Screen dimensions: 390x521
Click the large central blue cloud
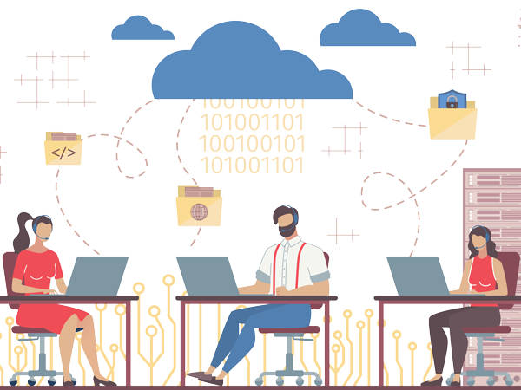(x=252, y=65)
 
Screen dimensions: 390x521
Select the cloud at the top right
(x=365, y=31)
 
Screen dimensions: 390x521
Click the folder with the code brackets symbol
(x=63, y=150)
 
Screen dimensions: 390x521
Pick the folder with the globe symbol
(x=199, y=207)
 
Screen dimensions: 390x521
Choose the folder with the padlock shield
(x=452, y=116)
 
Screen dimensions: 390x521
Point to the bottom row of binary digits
(x=252, y=165)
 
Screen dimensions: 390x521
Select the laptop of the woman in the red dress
(x=96, y=276)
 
